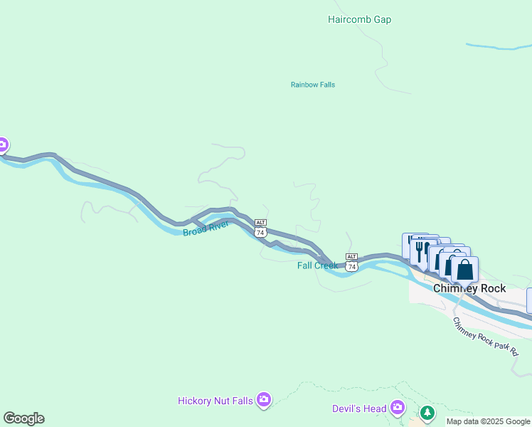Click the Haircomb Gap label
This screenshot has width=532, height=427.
tap(359, 20)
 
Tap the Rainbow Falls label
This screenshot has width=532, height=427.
tap(312, 85)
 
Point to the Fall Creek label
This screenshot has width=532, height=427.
tap(317, 265)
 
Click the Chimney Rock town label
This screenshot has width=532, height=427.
tap(469, 288)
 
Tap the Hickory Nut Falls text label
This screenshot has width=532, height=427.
tap(215, 401)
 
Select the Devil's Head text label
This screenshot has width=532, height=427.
tap(358, 408)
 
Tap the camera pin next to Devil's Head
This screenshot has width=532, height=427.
tap(397, 408)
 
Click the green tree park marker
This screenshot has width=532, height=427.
tap(427, 413)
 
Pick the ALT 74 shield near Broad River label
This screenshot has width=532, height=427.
tap(261, 228)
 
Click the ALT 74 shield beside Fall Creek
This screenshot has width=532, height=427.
tap(351, 261)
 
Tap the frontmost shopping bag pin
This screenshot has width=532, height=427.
tap(464, 270)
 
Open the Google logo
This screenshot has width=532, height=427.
tap(23, 418)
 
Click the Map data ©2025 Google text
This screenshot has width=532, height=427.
tap(488, 421)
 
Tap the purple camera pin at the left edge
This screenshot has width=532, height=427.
tap(2, 146)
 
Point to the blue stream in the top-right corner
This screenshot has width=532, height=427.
tap(498, 47)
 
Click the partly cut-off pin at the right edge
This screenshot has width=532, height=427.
tap(529, 299)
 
